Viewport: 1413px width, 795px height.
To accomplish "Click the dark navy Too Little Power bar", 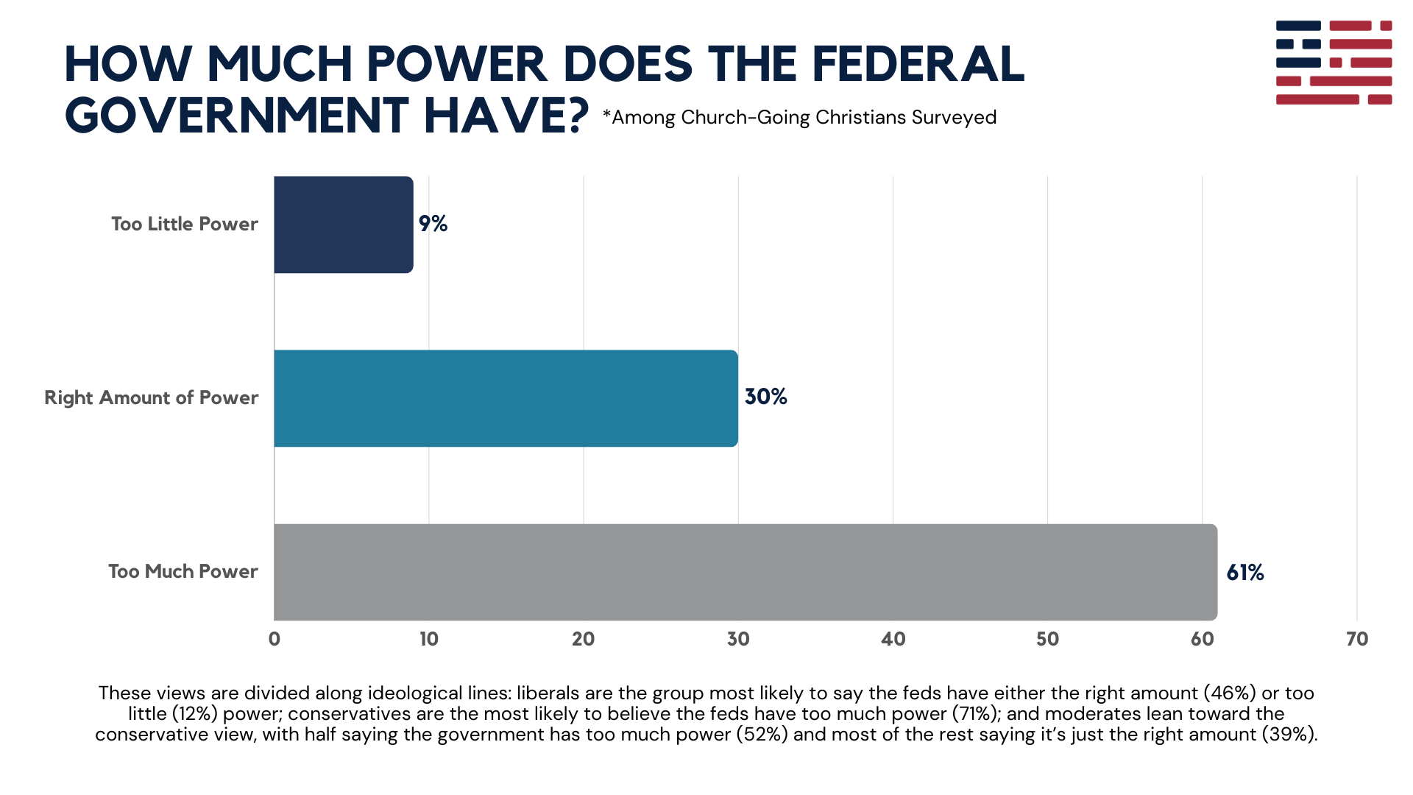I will pos(343,225).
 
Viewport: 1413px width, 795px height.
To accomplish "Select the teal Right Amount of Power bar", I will pos(506,398).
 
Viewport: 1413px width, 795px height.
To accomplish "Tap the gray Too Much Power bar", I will pos(745,572).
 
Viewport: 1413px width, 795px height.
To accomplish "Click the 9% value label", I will pos(433,224).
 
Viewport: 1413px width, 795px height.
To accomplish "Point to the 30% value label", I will pos(765,397).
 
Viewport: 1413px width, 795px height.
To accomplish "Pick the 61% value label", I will pos(1244,573).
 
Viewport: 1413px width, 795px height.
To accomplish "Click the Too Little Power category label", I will pos(184,224).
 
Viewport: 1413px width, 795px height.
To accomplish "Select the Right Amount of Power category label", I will pos(151,397).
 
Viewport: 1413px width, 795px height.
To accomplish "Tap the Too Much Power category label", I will pos(183,571).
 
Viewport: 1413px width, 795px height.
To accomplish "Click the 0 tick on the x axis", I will pos(275,639).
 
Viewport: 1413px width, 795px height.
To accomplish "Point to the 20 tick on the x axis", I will pos(583,639).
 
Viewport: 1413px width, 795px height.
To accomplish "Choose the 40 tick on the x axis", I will pos(893,639).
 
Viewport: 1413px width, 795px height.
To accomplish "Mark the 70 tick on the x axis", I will pos(1356,639).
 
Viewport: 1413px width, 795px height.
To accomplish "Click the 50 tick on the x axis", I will pos(1047,639).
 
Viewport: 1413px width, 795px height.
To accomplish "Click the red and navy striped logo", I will pos(1334,63).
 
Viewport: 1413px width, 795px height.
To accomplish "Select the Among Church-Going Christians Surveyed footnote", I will pos(799,117).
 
